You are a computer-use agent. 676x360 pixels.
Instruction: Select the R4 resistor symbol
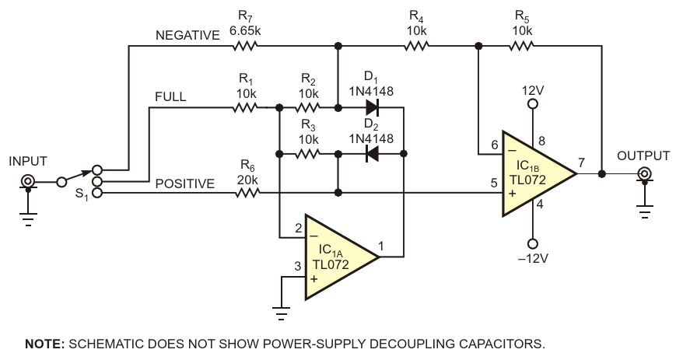416,47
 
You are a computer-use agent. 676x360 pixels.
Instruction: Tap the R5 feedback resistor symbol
520,47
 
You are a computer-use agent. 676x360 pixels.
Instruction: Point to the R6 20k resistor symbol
247,192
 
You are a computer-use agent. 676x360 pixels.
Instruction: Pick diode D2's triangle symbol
373,154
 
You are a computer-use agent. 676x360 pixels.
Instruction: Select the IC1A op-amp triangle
339,257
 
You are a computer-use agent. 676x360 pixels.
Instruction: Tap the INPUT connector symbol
28,183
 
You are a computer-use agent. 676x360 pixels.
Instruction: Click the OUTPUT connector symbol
644,175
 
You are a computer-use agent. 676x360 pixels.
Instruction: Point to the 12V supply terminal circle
533,103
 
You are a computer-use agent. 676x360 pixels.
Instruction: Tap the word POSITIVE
184,183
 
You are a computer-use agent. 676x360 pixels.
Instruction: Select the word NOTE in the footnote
43,343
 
